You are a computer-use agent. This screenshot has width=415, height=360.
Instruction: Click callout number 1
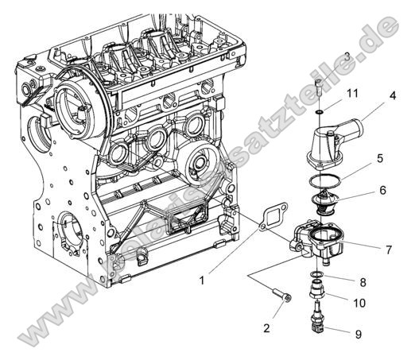tap(201, 281)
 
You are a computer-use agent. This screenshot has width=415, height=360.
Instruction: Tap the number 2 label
tap(266, 327)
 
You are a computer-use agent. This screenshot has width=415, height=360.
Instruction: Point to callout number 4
tap(393, 97)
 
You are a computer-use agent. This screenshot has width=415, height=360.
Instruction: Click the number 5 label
tap(381, 158)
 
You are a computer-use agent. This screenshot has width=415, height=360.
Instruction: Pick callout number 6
tap(382, 191)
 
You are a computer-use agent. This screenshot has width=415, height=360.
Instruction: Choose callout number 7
tap(388, 250)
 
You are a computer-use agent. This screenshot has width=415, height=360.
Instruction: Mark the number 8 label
tap(362, 281)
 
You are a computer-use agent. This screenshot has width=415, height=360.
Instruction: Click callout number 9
tap(359, 334)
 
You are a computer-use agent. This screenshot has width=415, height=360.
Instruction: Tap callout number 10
tap(359, 303)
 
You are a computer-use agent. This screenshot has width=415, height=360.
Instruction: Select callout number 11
tap(352, 93)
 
